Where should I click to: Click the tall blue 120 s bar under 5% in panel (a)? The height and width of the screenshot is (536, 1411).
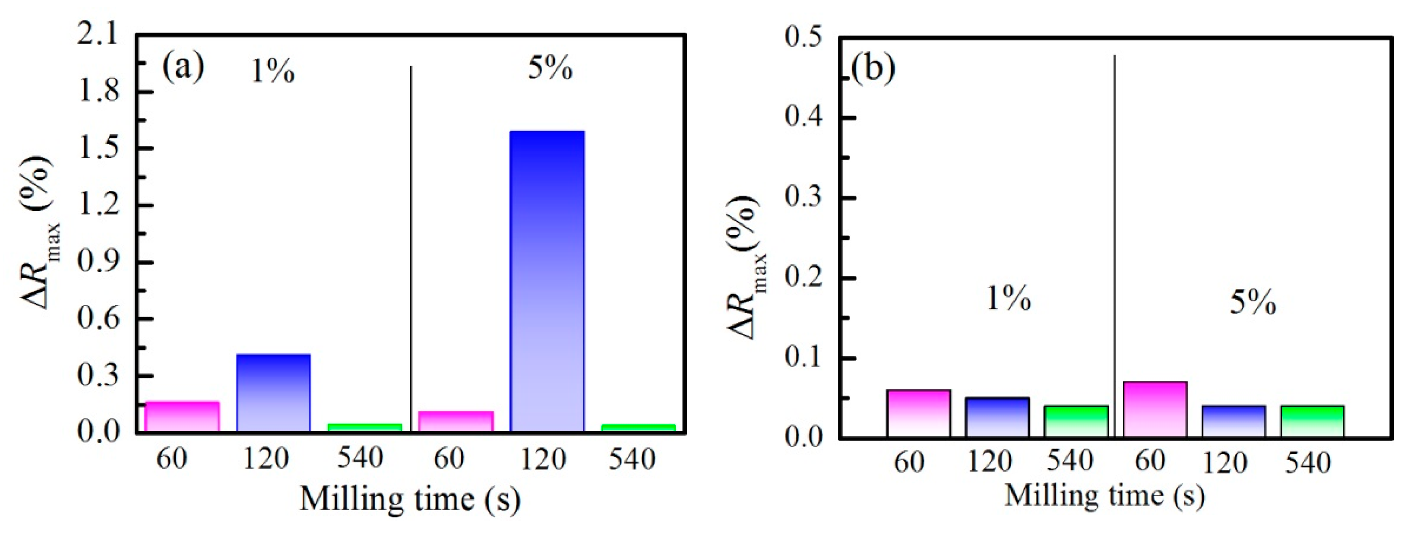pos(547,281)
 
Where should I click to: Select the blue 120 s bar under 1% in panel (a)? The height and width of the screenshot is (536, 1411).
pos(273,393)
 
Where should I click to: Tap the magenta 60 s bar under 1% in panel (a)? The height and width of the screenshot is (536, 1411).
pos(182,416)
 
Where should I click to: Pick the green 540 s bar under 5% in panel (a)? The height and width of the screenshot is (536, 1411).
pos(638,428)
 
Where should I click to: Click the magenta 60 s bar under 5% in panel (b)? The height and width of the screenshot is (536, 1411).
pos(1155,409)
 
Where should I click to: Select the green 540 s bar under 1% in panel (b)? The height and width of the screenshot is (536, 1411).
pos(1076,421)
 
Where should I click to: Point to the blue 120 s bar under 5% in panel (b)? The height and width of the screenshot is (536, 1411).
pos(1234,421)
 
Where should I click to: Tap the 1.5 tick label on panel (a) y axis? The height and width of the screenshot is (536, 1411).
pos(98,148)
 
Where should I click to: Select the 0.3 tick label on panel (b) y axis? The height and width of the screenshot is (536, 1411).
pos(803,197)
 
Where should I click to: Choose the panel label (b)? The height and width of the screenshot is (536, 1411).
pos(873,69)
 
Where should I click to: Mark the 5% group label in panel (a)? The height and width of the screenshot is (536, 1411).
pos(550,69)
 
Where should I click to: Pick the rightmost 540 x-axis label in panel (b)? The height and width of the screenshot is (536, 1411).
pos(1307,463)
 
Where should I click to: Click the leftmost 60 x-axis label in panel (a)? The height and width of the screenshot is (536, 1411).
pos(171,458)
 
